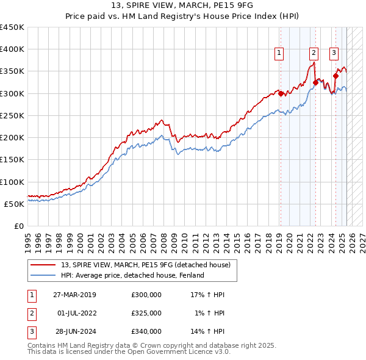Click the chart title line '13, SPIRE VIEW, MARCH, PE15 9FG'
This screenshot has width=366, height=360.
pos(183,6)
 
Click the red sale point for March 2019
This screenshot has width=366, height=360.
pos(281,93)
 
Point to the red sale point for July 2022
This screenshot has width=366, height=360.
pos(315,82)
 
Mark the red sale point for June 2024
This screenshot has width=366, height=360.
pos(335,76)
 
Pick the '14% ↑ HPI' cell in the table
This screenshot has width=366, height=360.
pos(207,331)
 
